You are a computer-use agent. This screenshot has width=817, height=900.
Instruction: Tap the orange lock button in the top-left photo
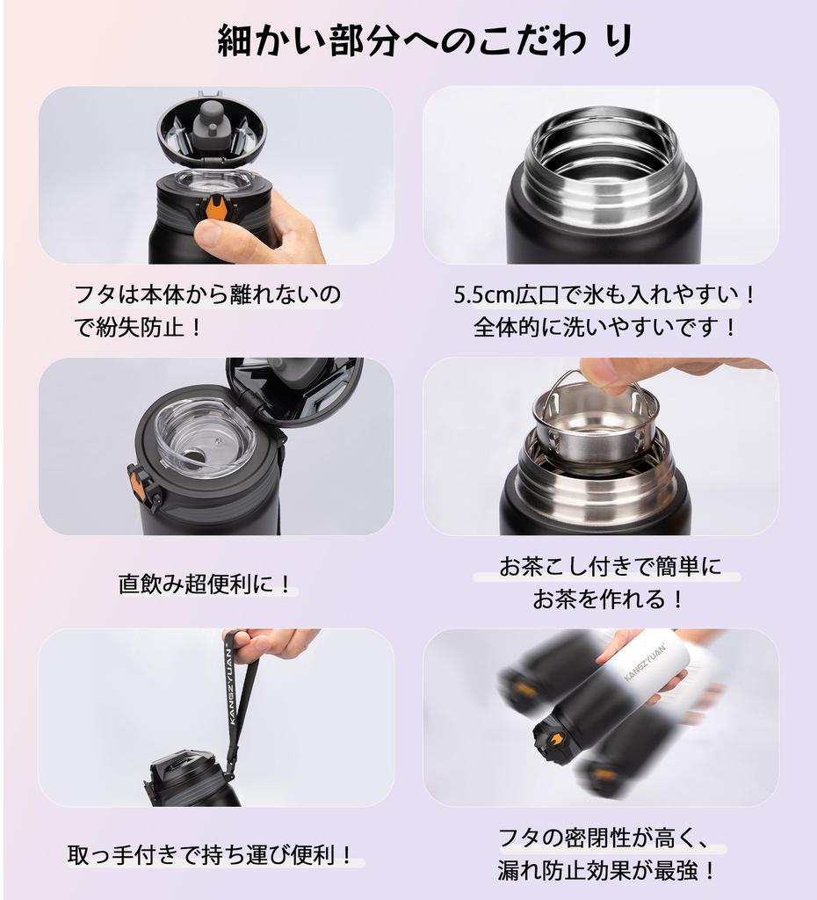[215, 209]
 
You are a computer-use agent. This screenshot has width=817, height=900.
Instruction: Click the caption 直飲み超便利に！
[206, 584]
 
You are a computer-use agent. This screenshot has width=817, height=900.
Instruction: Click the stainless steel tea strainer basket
[595, 426]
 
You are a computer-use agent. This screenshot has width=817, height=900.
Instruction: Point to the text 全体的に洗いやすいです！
[606, 328]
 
